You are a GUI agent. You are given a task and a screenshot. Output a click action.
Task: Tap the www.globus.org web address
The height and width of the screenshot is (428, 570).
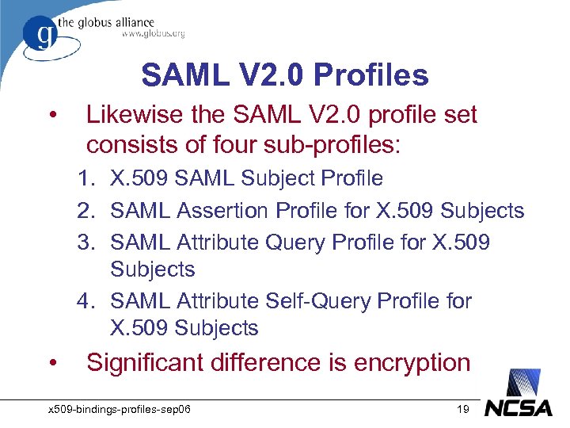point(153,33)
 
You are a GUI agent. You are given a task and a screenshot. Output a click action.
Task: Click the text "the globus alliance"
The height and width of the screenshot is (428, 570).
point(116,22)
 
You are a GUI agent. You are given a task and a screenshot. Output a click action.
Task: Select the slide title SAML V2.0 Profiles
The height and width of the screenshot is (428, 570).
point(285,75)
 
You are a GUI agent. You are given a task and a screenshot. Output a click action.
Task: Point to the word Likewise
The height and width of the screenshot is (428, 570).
point(137,116)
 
